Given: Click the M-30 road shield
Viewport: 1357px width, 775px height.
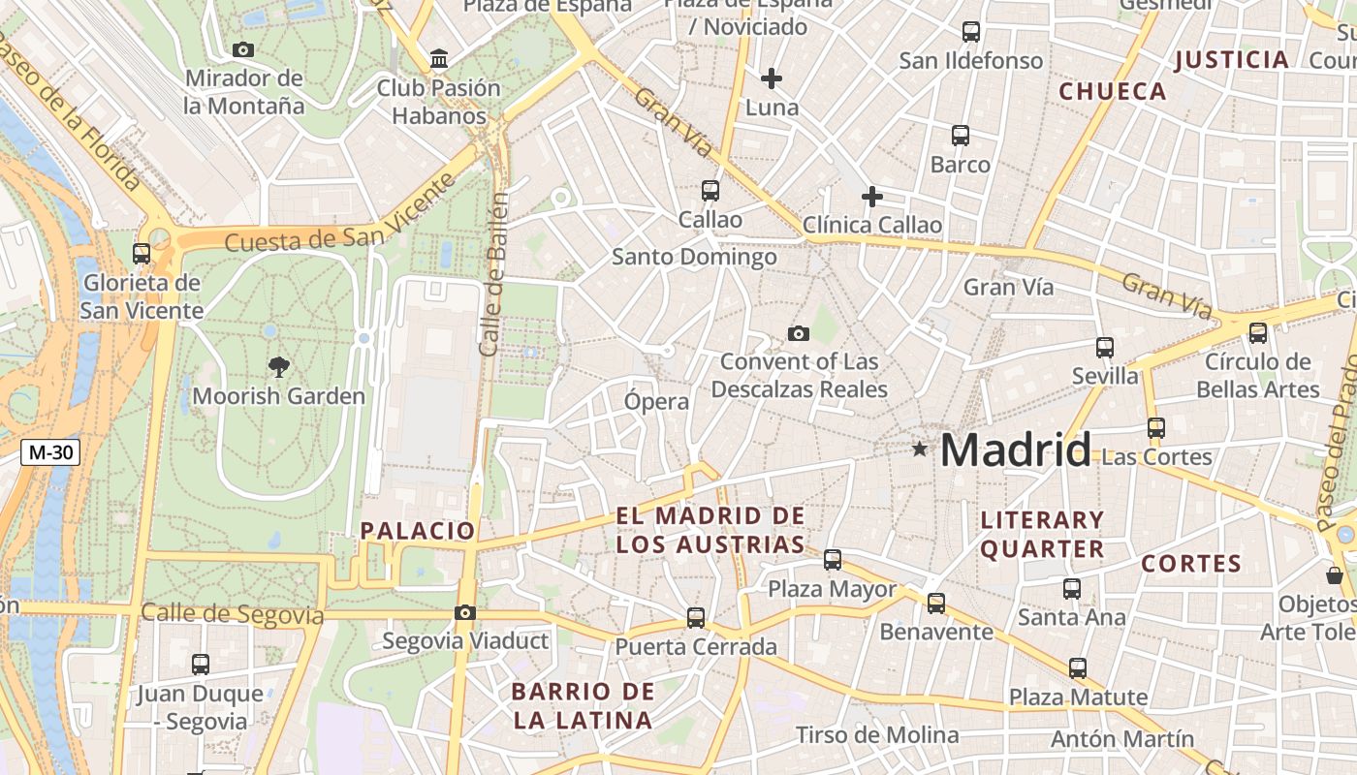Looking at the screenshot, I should pyautogui.click(x=49, y=451).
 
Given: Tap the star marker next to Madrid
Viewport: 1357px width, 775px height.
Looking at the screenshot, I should pyautogui.click(x=919, y=449).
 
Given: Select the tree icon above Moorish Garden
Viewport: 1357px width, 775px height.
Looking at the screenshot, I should pyautogui.click(x=279, y=366).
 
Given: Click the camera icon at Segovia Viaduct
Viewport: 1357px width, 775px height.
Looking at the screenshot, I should pyautogui.click(x=465, y=612).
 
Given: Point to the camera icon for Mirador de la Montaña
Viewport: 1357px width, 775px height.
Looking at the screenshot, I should pyautogui.click(x=243, y=49).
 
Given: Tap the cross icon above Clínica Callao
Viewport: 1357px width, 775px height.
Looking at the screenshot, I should pyautogui.click(x=871, y=197).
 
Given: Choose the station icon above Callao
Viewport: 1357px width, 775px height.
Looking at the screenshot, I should pyautogui.click(x=710, y=190).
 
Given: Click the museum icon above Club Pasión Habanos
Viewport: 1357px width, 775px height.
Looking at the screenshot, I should pyautogui.click(x=439, y=59).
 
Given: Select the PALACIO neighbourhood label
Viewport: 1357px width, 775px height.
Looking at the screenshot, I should pyautogui.click(x=418, y=531).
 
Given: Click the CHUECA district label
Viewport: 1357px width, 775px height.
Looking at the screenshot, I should pyautogui.click(x=1113, y=92).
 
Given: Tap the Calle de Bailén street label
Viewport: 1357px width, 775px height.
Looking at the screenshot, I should pyautogui.click(x=493, y=274).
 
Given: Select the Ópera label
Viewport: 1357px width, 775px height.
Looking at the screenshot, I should pyautogui.click(x=657, y=401).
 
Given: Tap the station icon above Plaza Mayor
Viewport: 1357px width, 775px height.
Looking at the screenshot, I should pyautogui.click(x=833, y=559).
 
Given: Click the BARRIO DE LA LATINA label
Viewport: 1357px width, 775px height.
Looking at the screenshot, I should pyautogui.click(x=583, y=706).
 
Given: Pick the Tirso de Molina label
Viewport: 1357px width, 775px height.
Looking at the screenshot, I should pyautogui.click(x=877, y=735).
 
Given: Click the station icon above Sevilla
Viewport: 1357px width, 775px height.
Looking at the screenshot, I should pyautogui.click(x=1105, y=347).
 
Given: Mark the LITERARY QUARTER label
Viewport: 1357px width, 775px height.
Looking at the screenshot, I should pyautogui.click(x=1042, y=535).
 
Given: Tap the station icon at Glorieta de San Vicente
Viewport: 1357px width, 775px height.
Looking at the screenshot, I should pyautogui.click(x=142, y=254).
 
